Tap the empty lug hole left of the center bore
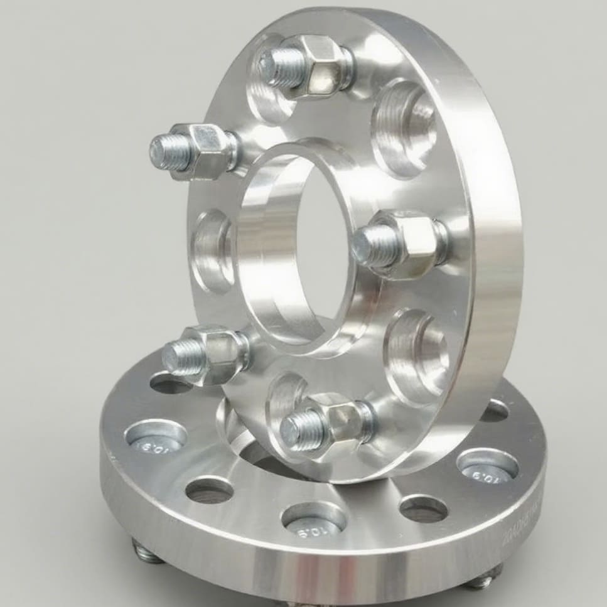(x=212, y=251)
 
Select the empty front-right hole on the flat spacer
(x=423, y=508)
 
